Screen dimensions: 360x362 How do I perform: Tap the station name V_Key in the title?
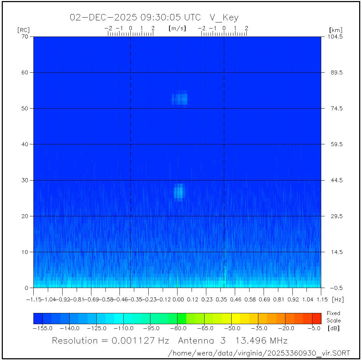[224, 18]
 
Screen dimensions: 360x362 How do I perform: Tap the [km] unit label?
[336, 30]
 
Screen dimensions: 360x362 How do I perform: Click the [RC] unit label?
[24, 30]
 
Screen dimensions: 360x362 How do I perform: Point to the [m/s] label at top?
[177, 28]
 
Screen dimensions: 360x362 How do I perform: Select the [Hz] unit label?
[338, 300]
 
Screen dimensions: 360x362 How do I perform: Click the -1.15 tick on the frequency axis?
[34, 300]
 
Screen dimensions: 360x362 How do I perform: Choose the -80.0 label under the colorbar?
[177, 328]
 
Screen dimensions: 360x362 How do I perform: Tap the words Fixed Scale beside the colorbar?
[333, 316]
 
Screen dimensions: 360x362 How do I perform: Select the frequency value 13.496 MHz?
[261, 340]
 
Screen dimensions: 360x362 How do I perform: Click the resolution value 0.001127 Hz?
[140, 340]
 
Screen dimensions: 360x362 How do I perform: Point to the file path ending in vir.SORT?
[259, 353]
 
